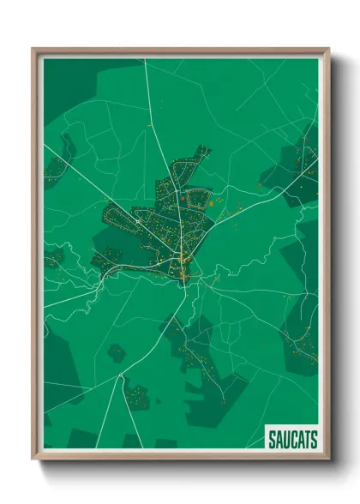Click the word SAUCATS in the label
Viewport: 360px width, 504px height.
(292, 440)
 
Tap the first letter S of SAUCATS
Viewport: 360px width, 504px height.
(272, 440)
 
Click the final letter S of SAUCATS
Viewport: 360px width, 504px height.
(314, 440)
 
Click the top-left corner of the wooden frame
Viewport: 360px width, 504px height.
(33, 49)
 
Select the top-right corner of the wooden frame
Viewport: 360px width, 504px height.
(329, 49)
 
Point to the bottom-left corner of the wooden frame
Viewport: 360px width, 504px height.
(33, 459)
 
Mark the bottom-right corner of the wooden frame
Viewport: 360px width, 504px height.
(329, 459)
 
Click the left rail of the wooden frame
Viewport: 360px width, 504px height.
(37, 257)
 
